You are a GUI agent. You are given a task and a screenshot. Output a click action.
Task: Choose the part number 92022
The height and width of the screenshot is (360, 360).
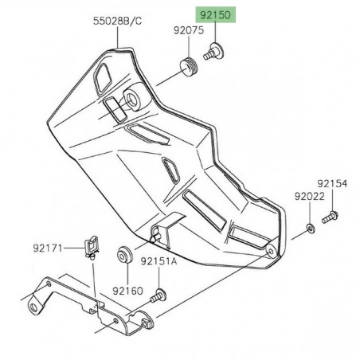pyautogui.click(x=308, y=195)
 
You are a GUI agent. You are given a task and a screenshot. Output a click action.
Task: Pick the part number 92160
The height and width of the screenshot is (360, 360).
pyautogui.click(x=127, y=291)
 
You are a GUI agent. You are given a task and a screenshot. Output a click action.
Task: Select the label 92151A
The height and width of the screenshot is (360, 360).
pyautogui.click(x=161, y=260)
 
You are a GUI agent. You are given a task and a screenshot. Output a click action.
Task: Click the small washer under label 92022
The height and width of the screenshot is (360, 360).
pyautogui.click(x=309, y=230)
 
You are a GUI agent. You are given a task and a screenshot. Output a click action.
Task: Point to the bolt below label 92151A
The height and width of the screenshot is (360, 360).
pyautogui.click(x=160, y=295)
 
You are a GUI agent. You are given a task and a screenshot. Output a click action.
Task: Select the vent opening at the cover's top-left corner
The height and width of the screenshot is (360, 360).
pyautogui.click(x=103, y=77)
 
